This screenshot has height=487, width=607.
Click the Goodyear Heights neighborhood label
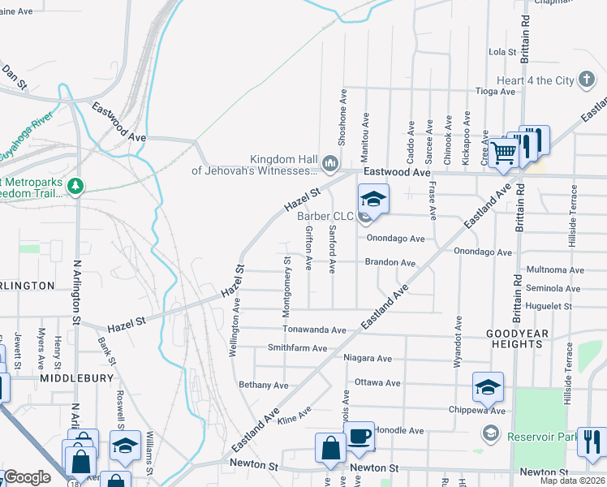pos(517,338)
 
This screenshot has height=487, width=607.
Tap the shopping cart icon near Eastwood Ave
pos(504,152)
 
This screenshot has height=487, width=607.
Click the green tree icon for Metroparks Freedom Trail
pos(75,187)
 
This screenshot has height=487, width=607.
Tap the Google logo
pos(27,477)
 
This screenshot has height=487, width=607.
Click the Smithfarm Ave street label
pos(297,348)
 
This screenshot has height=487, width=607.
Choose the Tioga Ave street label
pos(495,92)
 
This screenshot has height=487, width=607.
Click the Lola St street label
pos(502,52)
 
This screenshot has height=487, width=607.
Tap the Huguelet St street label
pos(549,306)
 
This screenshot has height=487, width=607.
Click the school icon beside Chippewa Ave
pos(489,387)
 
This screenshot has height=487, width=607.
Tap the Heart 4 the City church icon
pos(587,80)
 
